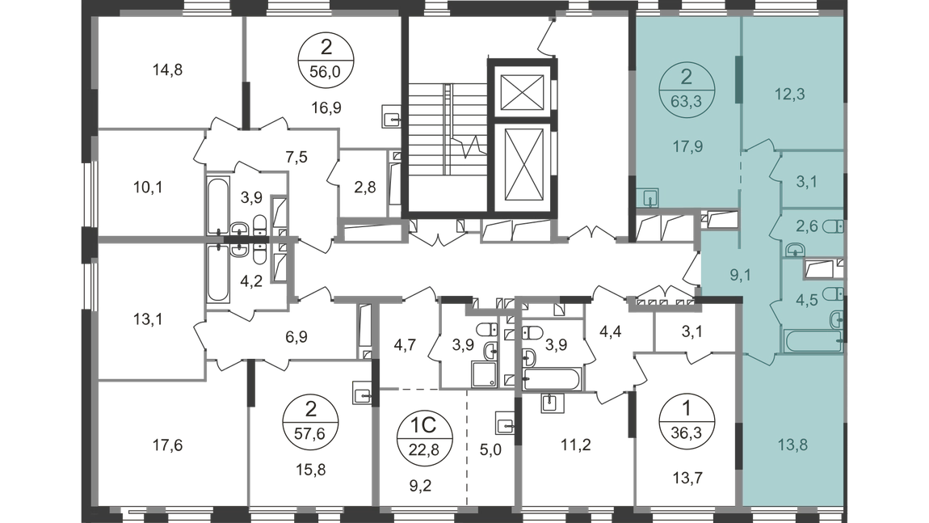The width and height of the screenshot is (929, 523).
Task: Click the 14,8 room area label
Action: point(168,70)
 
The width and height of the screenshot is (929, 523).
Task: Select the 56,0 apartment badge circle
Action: point(326,60)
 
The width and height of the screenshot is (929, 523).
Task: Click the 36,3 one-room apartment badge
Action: point(687,420)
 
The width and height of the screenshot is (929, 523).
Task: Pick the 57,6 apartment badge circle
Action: point(310,422)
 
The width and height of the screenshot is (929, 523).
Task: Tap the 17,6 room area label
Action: point(168,445)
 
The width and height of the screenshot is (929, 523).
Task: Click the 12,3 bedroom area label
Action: point(790,95)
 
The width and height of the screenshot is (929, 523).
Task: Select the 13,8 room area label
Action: point(792,444)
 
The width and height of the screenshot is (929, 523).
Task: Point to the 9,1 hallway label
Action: point(740,275)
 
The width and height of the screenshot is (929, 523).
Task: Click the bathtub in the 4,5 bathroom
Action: point(813,342)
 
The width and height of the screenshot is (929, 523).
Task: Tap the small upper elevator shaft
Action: point(522,92)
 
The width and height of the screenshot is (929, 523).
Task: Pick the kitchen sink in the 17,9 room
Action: point(651,197)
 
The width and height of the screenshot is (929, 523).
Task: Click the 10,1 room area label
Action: point(148,188)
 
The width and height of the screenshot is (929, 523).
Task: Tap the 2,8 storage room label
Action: point(365,188)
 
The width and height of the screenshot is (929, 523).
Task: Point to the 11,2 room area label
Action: point(576,445)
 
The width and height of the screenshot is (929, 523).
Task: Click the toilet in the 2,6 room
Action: point(832,226)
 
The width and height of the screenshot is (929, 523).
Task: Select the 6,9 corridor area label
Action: point(296,337)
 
